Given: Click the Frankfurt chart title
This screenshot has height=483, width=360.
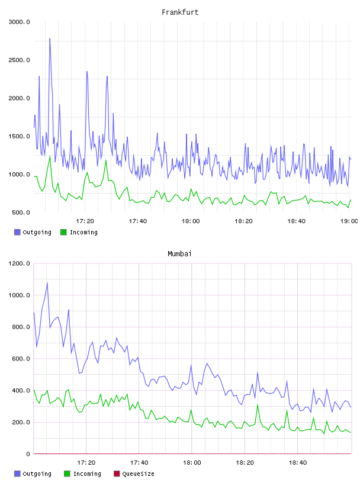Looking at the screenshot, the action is click(180, 12).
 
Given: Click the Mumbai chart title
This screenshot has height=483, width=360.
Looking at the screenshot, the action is click(179, 253).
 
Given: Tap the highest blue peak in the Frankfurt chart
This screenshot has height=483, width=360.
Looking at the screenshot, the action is click(50, 39).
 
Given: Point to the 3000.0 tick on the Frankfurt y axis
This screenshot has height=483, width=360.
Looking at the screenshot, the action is click(19, 22).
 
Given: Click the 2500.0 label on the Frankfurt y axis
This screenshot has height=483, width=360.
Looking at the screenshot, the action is click(19, 60).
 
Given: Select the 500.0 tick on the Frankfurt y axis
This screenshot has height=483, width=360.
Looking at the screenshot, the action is click(21, 212).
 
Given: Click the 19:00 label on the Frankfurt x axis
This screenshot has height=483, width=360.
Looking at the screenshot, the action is click(349, 221).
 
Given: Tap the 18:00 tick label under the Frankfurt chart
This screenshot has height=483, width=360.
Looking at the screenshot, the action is click(191, 221).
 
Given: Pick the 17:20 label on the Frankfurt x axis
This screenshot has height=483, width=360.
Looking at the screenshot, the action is click(85, 221).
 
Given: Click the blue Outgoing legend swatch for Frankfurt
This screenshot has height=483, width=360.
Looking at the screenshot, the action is click(17, 232).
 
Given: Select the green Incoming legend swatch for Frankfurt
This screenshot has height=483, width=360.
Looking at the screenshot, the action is click(63, 232).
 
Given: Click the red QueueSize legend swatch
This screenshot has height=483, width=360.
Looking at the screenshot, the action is click(117, 474).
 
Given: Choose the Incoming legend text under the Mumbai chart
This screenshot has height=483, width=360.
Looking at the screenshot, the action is click(87, 474).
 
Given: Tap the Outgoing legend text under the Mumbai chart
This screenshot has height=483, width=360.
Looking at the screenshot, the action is click(37, 474).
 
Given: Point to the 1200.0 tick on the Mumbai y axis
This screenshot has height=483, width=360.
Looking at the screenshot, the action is click(19, 263).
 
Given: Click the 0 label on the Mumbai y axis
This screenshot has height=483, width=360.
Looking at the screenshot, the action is click(28, 454).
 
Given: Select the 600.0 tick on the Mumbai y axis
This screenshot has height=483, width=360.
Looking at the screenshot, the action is click(21, 359).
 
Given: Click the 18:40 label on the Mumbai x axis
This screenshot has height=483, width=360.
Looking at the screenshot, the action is click(298, 462).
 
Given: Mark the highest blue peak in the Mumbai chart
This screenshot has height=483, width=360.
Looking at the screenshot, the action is click(47, 283).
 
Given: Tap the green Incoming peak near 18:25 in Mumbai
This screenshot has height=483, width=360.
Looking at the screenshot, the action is click(258, 405).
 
